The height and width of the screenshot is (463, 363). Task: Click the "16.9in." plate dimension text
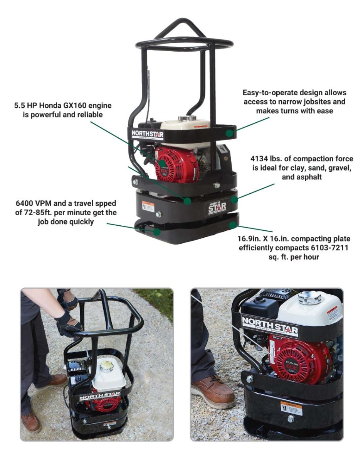tap(251, 239)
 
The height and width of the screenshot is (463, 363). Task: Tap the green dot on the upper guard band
tap(230, 133)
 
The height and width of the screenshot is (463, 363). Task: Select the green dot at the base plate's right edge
tap(232, 224)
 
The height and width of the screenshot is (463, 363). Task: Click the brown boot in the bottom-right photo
tap(213, 392)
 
